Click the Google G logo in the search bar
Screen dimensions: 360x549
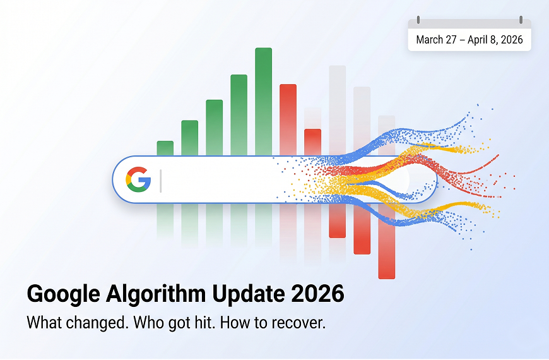(x=138, y=179)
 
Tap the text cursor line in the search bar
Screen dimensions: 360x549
(x=161, y=180)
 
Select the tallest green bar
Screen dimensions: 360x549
(x=263, y=101)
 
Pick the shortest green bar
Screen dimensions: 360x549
(x=165, y=148)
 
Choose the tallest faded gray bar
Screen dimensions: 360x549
(x=337, y=107)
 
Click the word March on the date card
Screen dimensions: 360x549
(x=429, y=40)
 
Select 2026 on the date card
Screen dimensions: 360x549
(x=511, y=40)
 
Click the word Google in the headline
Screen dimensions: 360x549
(x=62, y=295)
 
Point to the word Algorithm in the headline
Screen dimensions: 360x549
(x=154, y=295)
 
